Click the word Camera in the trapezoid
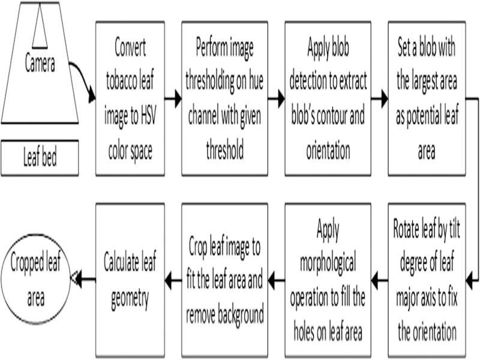(x=40, y=64)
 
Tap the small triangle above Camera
(x=40, y=30)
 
